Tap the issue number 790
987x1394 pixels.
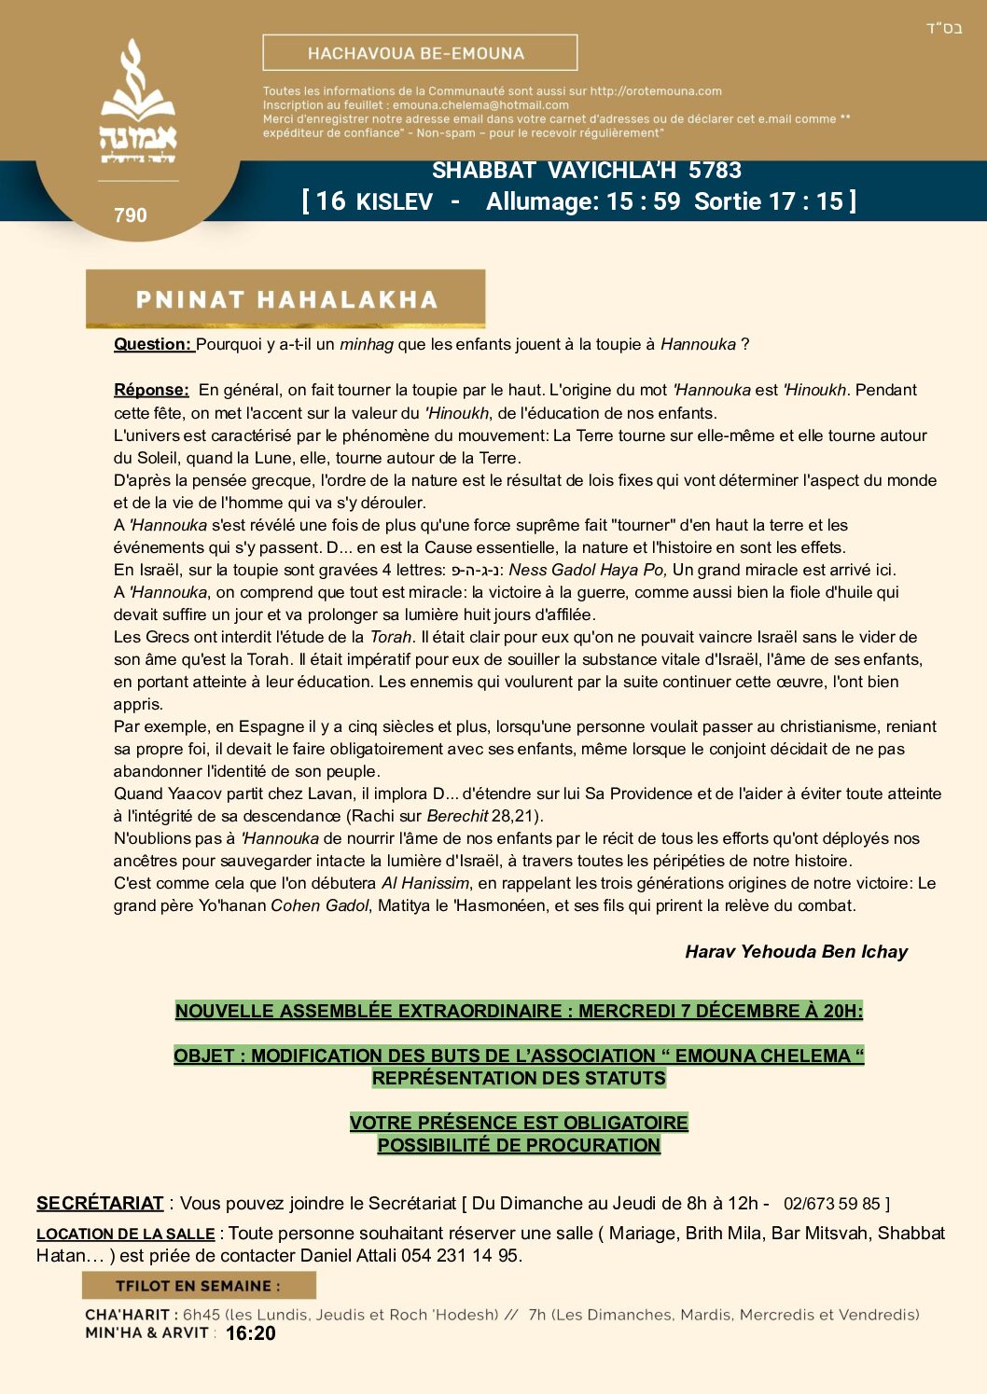[x=131, y=215]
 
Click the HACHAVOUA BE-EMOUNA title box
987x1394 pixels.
[x=420, y=53]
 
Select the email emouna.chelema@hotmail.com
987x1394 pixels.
[x=480, y=105]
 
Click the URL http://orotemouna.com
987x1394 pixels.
[x=656, y=91]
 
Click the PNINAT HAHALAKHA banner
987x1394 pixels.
[x=285, y=299]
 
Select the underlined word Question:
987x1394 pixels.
[x=153, y=344]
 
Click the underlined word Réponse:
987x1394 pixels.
[x=151, y=390]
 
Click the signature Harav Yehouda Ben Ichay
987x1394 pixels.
[x=796, y=952]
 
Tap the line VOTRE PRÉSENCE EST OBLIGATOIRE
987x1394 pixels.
[x=519, y=1123]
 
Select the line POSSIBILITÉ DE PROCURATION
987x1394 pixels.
[x=519, y=1145]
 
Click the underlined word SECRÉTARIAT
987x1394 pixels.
[x=100, y=1204]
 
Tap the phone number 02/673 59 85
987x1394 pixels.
[x=833, y=1204]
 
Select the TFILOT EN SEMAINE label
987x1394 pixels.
[x=198, y=1286]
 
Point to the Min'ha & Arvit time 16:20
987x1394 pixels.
[x=251, y=1333]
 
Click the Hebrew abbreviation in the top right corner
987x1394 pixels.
[x=944, y=28]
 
